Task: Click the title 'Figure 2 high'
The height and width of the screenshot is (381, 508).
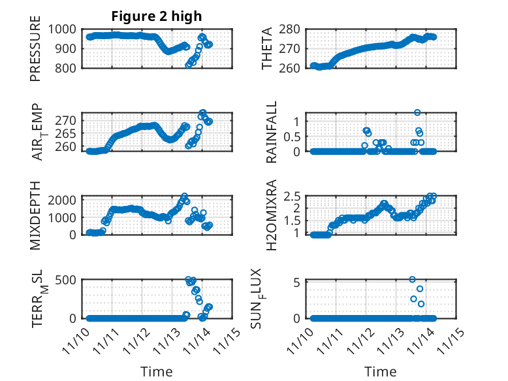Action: click(x=157, y=16)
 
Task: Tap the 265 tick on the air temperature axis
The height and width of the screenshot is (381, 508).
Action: click(x=69, y=133)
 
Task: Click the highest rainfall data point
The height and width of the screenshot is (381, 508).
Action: click(x=417, y=112)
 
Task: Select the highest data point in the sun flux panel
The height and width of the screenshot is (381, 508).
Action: click(x=413, y=279)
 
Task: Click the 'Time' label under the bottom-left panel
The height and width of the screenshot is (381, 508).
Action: click(x=157, y=371)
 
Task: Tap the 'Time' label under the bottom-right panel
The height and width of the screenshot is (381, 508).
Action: click(x=381, y=371)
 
